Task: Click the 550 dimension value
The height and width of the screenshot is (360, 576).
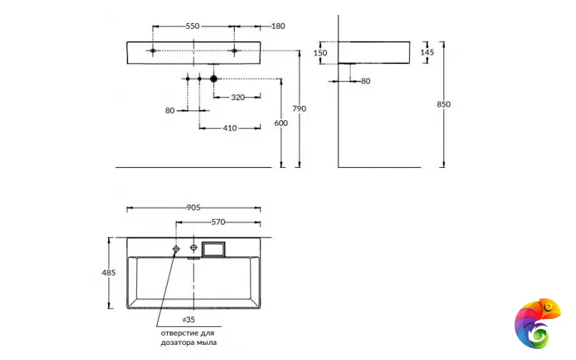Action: pos(192,26)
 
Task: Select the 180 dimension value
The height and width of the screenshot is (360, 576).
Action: pos(278,26)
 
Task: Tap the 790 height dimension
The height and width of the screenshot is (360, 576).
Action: pos(299,109)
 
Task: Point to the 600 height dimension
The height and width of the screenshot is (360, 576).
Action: pos(281,123)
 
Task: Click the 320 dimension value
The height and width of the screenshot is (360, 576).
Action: pos(238,96)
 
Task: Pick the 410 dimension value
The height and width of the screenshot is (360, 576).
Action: pos(230,128)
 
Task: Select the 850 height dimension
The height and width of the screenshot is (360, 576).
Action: pos(444,104)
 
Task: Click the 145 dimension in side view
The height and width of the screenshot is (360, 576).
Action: pos(427,53)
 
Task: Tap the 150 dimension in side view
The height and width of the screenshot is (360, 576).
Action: pos(320,53)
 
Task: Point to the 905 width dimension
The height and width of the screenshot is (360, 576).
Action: pos(193,207)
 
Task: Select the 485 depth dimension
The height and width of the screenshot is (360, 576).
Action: pos(109,273)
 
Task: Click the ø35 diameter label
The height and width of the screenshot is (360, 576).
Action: pos(189,318)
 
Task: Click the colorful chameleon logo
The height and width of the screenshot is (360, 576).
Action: pos(537,321)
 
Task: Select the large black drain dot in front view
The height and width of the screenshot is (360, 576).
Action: pos(214,78)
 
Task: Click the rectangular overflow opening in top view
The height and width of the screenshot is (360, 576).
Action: pos(214,249)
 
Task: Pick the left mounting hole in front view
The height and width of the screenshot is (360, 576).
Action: pos(153,50)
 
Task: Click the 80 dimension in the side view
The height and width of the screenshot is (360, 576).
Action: pos(365,81)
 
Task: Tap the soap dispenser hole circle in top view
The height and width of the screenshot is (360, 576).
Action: pos(176,249)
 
